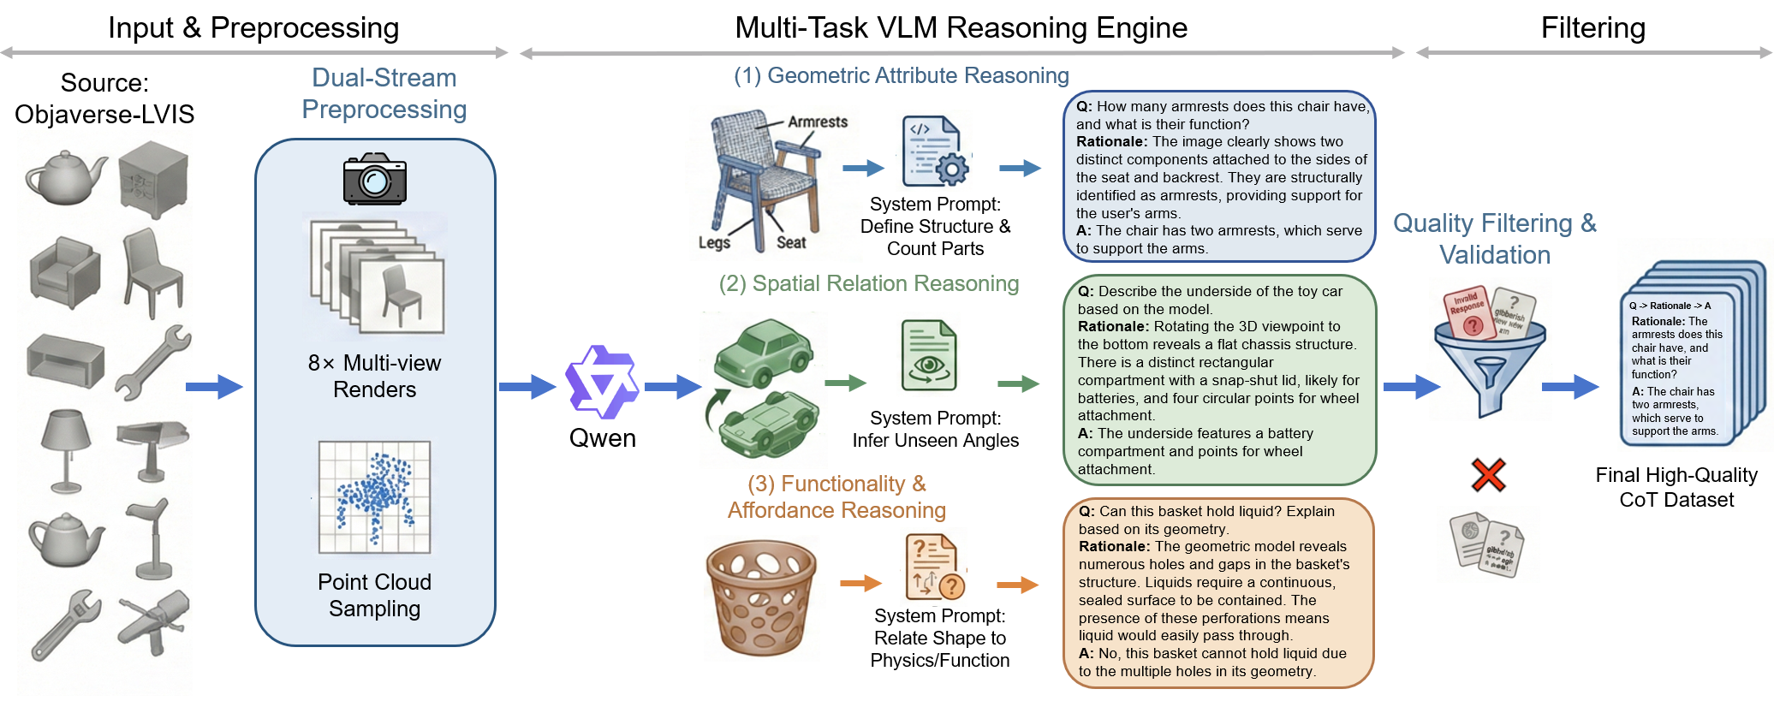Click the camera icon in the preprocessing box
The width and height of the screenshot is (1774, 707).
click(374, 179)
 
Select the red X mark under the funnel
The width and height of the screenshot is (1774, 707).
click(1488, 474)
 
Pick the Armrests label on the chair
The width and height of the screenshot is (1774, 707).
click(817, 122)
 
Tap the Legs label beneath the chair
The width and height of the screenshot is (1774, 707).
click(714, 242)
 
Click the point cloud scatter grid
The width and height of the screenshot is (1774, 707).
click(374, 497)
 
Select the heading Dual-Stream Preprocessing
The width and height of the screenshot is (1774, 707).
click(384, 93)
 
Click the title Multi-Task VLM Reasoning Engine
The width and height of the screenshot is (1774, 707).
click(961, 27)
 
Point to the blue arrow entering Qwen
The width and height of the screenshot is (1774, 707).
click(527, 387)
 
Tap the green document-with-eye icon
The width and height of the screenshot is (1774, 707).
click(928, 355)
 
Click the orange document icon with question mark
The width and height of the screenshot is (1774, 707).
click(934, 567)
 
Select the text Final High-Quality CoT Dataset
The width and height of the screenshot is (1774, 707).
click(1676, 487)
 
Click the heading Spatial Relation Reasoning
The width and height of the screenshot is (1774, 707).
click(868, 283)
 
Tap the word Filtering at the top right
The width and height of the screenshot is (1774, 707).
click(1592, 27)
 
